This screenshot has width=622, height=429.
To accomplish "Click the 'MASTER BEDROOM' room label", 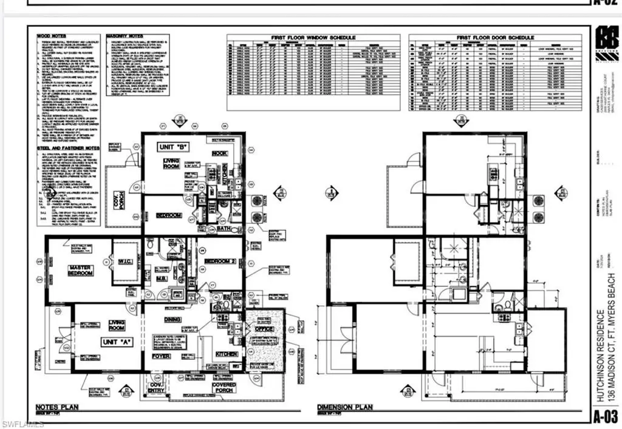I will tap(80, 270).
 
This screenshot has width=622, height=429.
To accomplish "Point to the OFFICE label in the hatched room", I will tap(264, 329).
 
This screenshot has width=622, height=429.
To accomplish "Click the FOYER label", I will tap(161, 356).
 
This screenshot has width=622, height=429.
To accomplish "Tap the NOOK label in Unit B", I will tap(219, 154).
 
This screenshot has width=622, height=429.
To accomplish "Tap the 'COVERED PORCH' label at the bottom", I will tap(224, 388).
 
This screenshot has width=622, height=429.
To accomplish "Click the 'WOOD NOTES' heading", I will tap(50, 36).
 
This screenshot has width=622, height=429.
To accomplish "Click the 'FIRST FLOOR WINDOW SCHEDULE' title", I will tap(313, 38).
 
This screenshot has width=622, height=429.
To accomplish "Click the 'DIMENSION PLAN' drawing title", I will tap(345, 407).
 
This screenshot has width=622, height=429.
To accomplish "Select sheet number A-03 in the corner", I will tap(605, 416).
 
